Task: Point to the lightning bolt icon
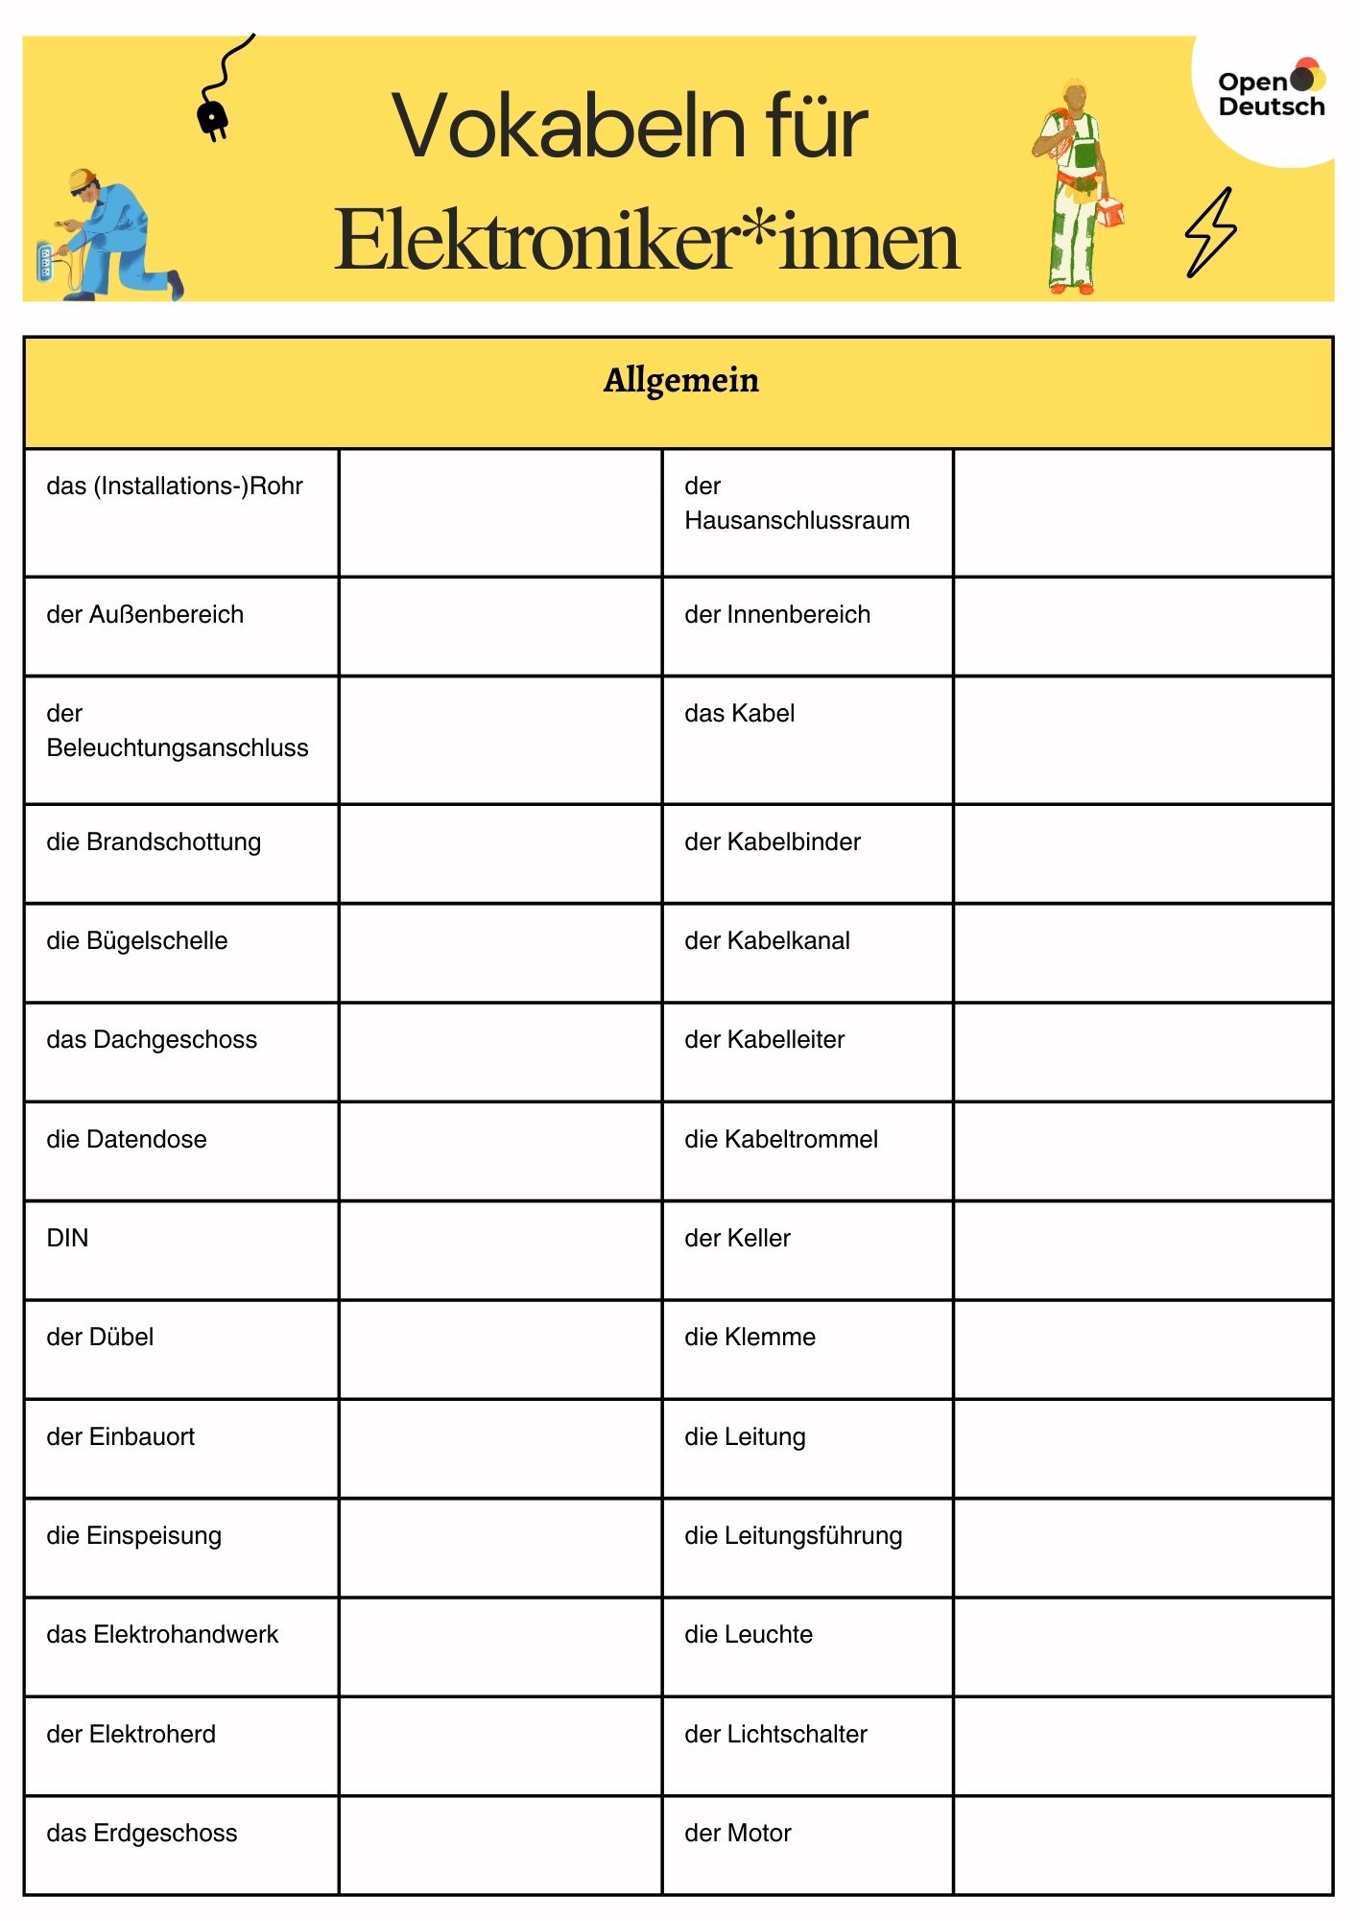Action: pyautogui.click(x=1211, y=232)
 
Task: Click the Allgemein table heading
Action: pyautogui.click(x=680, y=381)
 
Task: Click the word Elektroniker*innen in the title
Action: pyautogui.click(x=647, y=241)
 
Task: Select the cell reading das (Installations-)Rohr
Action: pyautogui.click(x=175, y=486)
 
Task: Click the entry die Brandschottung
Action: pyautogui.click(x=154, y=841)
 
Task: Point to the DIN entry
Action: pyautogui.click(x=67, y=1238)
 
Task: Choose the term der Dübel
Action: pyautogui.click(x=100, y=1337)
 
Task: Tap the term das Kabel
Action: pyautogui.click(x=739, y=713)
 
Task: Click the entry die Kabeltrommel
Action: pyautogui.click(x=781, y=1139)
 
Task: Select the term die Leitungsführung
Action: pyautogui.click(x=793, y=1535)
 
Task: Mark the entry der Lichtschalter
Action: pyautogui.click(x=775, y=1734)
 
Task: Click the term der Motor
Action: pyautogui.click(x=737, y=1833)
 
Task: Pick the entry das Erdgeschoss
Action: pyautogui.click(x=141, y=1833)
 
